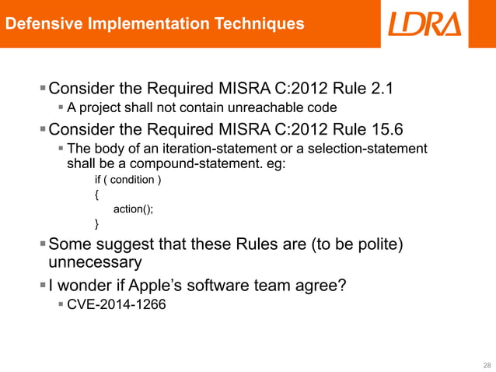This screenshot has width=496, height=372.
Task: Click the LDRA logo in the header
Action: coord(424,23)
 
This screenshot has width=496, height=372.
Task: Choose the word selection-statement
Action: coord(359,149)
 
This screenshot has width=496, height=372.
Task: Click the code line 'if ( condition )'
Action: coord(128,181)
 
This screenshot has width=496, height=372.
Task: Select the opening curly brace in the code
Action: coord(96,195)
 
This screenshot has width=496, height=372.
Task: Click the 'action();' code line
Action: coord(134,209)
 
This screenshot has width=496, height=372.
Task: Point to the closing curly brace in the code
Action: coord(96,224)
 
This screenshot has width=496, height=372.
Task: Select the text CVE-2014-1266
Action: coord(117,305)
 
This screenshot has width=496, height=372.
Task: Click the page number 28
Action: coord(487,364)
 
